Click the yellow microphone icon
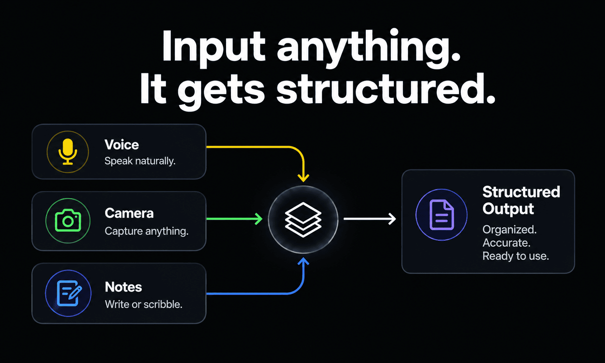tap(68, 152)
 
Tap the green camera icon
tap(68, 221)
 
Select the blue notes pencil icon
tap(69, 293)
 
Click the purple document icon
tap(442, 215)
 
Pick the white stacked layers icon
tap(303, 219)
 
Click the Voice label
tap(121, 145)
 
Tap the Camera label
tap(129, 213)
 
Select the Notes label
tap(123, 287)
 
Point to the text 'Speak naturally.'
tap(140, 161)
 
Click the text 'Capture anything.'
tap(146, 231)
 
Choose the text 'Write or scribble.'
tap(143, 304)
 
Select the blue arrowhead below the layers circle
tap(303, 261)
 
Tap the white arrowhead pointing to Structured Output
tap(392, 219)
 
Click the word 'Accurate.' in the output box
tap(506, 243)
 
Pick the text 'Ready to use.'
tap(516, 256)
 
